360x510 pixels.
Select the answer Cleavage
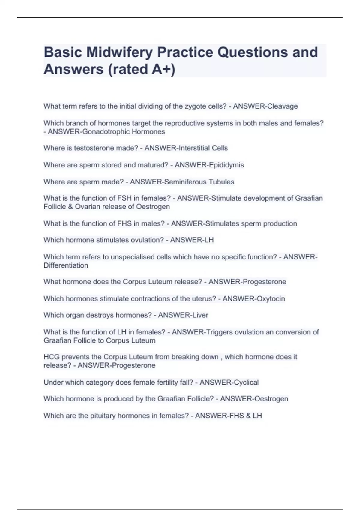[x=282, y=106]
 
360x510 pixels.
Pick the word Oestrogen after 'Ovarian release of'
[x=153, y=207]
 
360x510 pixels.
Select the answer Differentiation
[x=66, y=265]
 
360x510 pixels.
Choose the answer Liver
[x=200, y=315]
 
